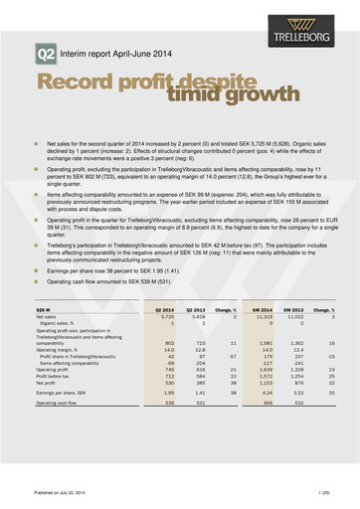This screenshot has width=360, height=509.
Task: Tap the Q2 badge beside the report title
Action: [x=45, y=53]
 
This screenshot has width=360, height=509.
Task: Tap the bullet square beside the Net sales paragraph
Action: [x=36, y=145]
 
